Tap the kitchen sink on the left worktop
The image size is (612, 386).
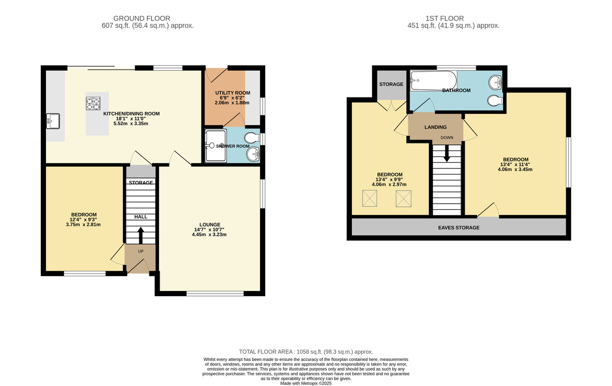tap(53, 121)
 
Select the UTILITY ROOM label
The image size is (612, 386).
tap(225, 92)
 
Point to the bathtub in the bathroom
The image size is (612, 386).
tap(433, 80)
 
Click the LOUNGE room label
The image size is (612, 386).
tap(210, 224)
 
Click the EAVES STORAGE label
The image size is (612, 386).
tap(459, 227)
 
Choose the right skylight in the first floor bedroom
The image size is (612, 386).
tap(403, 199)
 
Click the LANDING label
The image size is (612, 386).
tap(435, 127)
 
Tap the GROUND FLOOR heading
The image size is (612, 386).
tap(142, 18)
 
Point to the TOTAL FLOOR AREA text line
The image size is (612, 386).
tap(306, 352)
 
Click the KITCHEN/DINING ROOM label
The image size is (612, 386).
tap(132, 113)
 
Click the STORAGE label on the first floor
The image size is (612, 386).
tap(391, 84)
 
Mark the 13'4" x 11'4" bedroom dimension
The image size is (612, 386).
tap(515, 164)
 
